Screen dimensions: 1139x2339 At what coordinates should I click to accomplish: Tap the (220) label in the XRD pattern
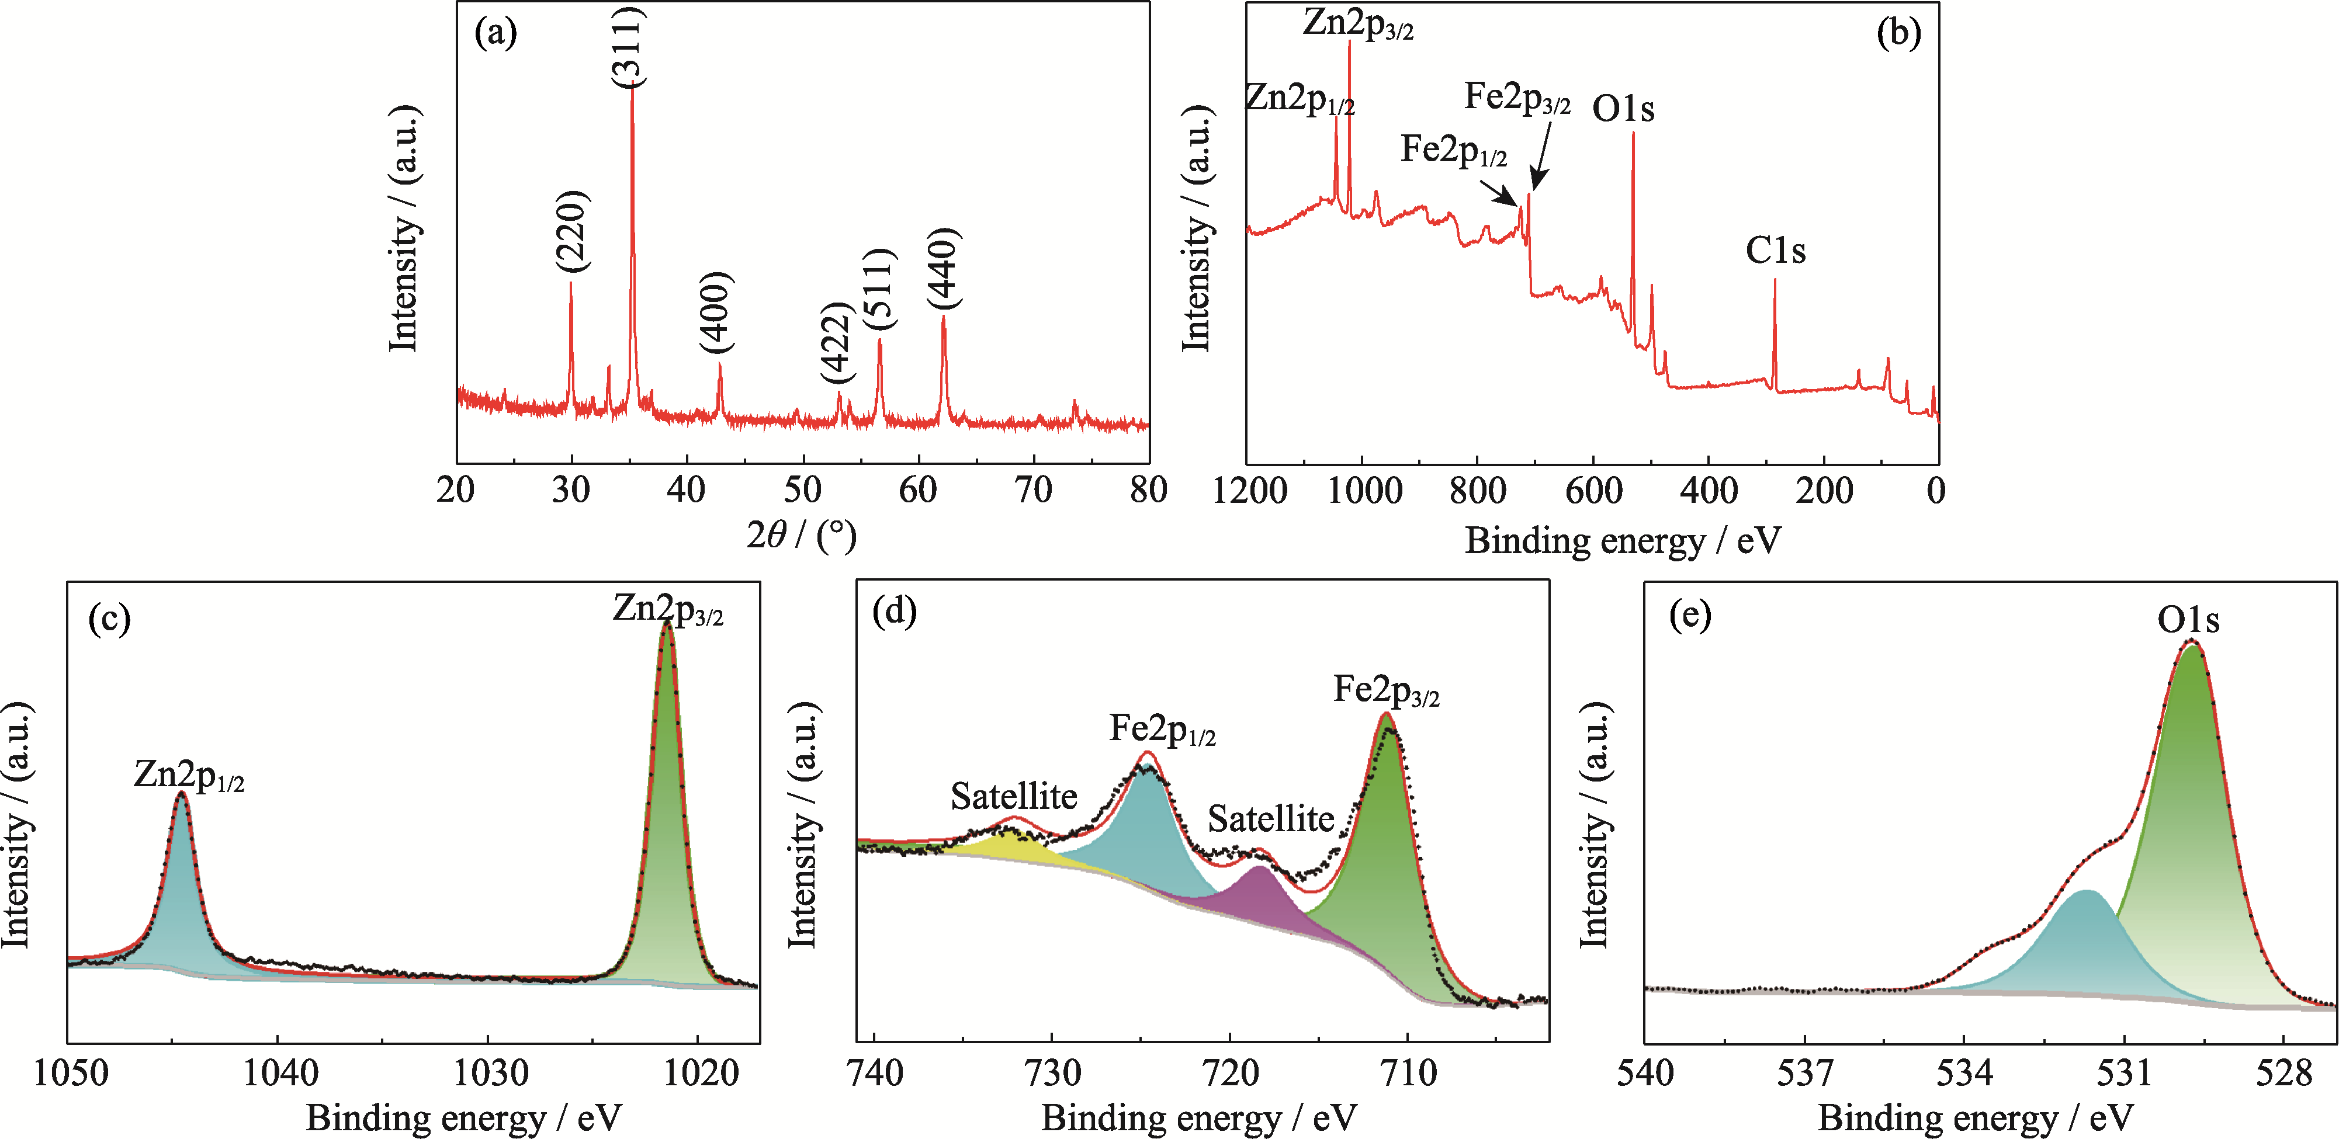tap(573, 231)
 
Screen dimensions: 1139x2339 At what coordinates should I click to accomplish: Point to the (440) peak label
tap(944, 268)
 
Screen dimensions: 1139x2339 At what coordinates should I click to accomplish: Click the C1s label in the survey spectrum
tap(1775, 251)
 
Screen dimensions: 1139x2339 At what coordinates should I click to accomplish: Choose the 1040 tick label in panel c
tap(280, 1074)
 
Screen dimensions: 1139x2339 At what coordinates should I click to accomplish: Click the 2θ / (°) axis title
tap(801, 536)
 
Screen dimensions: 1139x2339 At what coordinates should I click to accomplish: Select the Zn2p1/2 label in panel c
tap(189, 776)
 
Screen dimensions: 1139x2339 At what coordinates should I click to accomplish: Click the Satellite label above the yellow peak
tap(1013, 797)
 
